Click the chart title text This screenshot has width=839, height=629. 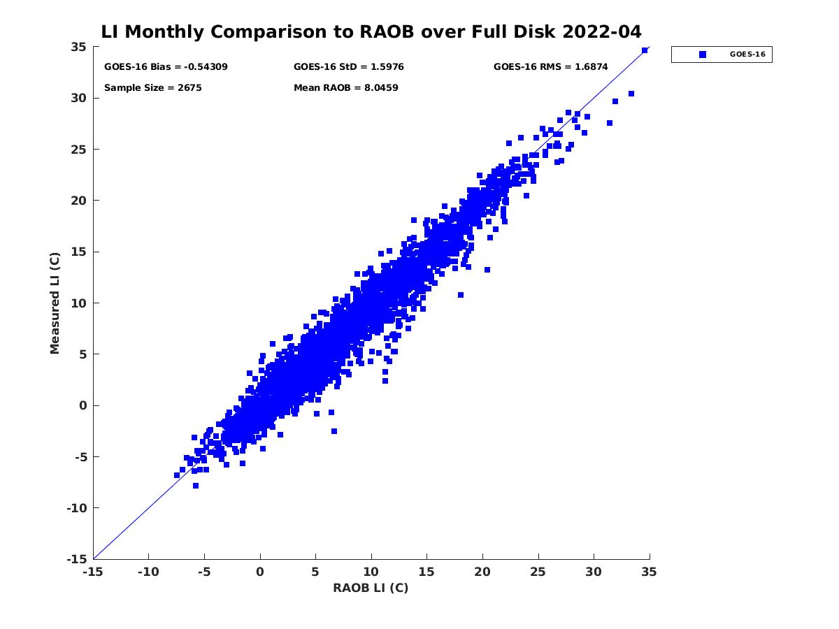coord(371,32)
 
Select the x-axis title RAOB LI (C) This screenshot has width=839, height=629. coord(371,588)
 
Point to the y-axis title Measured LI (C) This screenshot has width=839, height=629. coord(55,303)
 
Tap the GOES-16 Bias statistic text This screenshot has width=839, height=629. coord(166,67)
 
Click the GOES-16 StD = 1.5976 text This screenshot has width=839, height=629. coord(348,67)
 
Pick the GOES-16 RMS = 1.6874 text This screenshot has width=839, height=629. coord(550,67)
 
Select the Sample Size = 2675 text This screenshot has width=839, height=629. coord(152,88)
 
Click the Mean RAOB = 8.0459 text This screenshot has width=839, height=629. coord(345,88)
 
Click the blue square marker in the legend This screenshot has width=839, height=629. coord(703,55)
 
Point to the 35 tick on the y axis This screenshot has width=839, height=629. coord(78,47)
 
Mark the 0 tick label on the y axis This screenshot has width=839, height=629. coord(83,405)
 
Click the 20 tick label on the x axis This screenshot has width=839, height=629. coord(482,572)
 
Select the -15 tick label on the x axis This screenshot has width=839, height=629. coord(93,572)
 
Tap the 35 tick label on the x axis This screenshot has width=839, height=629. coord(650,572)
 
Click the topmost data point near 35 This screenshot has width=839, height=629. coord(645,50)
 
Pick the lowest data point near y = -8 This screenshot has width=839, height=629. coord(196,486)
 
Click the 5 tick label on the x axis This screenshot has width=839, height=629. coord(315,572)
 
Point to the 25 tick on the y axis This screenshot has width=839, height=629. coord(78,150)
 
